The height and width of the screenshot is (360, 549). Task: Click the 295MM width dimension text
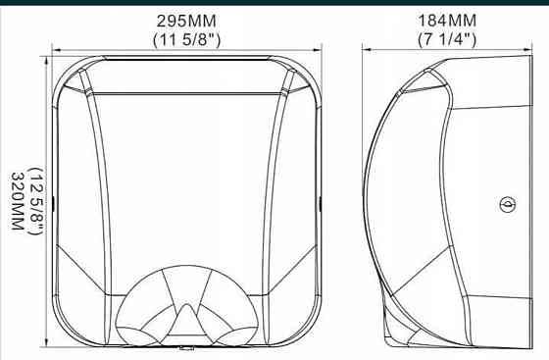(x=186, y=21)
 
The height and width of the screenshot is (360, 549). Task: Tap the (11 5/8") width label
(x=187, y=39)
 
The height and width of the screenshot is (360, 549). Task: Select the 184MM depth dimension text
(x=447, y=21)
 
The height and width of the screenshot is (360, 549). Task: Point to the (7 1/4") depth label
(x=447, y=39)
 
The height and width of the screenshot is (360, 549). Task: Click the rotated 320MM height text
(x=18, y=201)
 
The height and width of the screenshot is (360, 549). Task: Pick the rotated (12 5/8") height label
(x=36, y=201)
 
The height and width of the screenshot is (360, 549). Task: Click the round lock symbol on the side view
(x=508, y=204)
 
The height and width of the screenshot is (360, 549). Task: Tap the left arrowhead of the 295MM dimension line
(x=56, y=50)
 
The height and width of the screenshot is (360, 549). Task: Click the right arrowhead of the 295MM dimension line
(x=318, y=50)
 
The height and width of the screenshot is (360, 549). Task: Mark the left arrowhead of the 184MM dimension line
(x=367, y=50)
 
